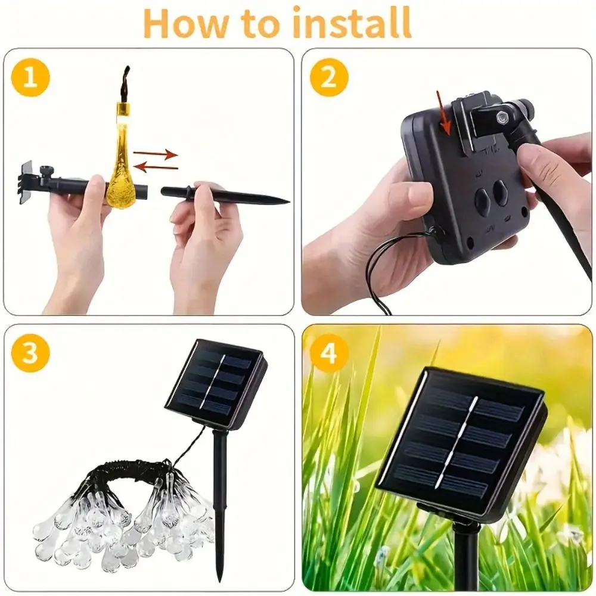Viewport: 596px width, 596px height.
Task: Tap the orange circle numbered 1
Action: (x=30, y=77)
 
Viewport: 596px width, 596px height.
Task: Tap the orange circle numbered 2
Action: (x=329, y=77)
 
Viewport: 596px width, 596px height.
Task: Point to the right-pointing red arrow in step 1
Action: (x=156, y=154)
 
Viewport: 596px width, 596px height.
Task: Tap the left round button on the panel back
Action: (x=482, y=203)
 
